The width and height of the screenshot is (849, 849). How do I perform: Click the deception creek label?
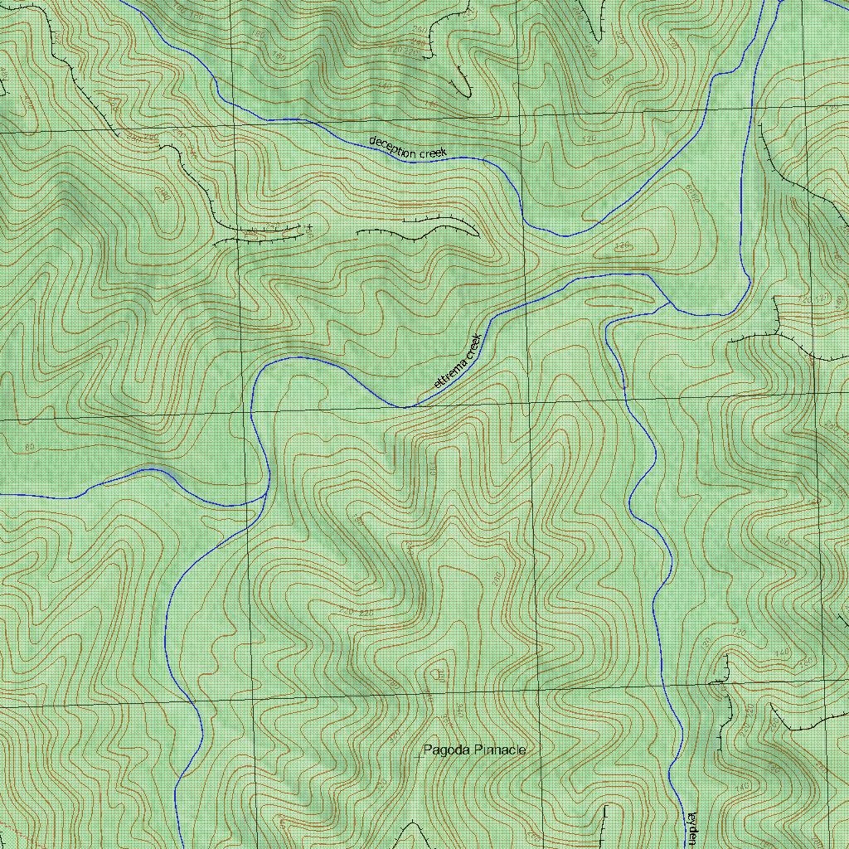coord(408,147)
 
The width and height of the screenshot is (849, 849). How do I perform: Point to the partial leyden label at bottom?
coord(691,828)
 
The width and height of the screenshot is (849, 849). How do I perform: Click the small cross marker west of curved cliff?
coord(309,226)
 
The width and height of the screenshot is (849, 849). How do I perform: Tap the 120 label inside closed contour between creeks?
coord(623,246)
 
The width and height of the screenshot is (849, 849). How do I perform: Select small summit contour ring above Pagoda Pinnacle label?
coord(437,671)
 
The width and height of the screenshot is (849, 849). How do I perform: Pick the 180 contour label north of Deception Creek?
coord(430,104)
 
